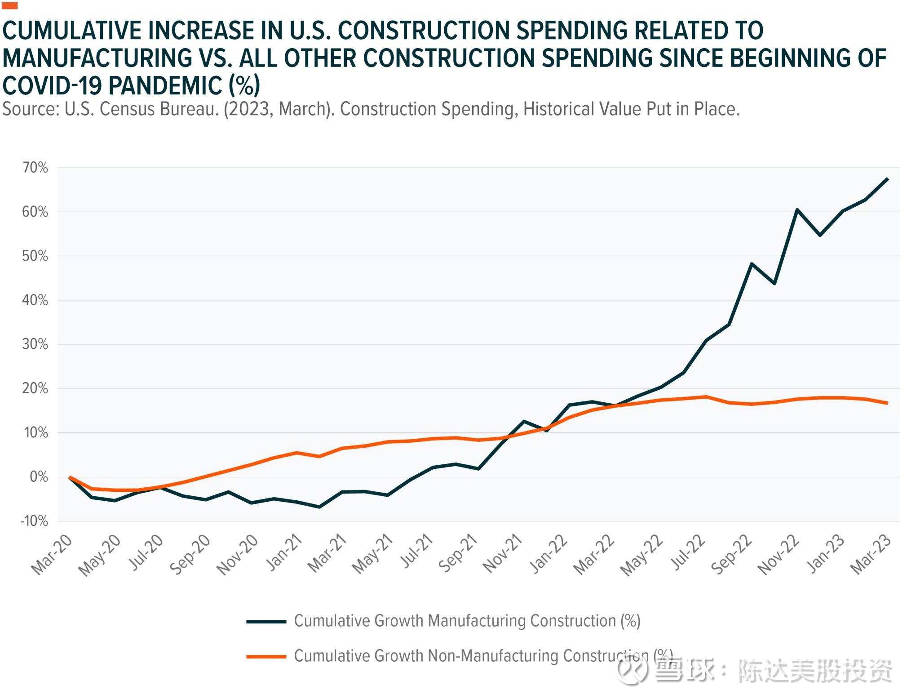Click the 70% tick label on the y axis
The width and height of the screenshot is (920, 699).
click(x=35, y=168)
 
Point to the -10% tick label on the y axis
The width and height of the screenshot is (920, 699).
click(x=34, y=521)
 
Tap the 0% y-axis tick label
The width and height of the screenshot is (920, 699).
click(x=39, y=477)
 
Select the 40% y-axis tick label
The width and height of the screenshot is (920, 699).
click(x=35, y=300)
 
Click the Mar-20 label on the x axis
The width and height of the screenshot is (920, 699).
click(x=52, y=555)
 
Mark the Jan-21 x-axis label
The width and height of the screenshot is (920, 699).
click(x=284, y=552)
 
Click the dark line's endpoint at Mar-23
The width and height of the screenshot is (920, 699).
click(x=888, y=179)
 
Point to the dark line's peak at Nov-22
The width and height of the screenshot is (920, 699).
click(x=797, y=209)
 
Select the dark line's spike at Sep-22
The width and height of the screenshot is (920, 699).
click(x=752, y=264)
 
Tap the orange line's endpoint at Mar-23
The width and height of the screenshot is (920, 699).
click(x=888, y=403)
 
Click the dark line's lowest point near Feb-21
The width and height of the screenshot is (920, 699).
click(x=319, y=507)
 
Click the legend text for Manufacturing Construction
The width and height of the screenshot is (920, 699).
click(x=467, y=621)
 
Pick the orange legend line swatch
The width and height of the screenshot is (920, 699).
click(x=266, y=657)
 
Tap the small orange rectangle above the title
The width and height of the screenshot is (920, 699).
click(x=10, y=6)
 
